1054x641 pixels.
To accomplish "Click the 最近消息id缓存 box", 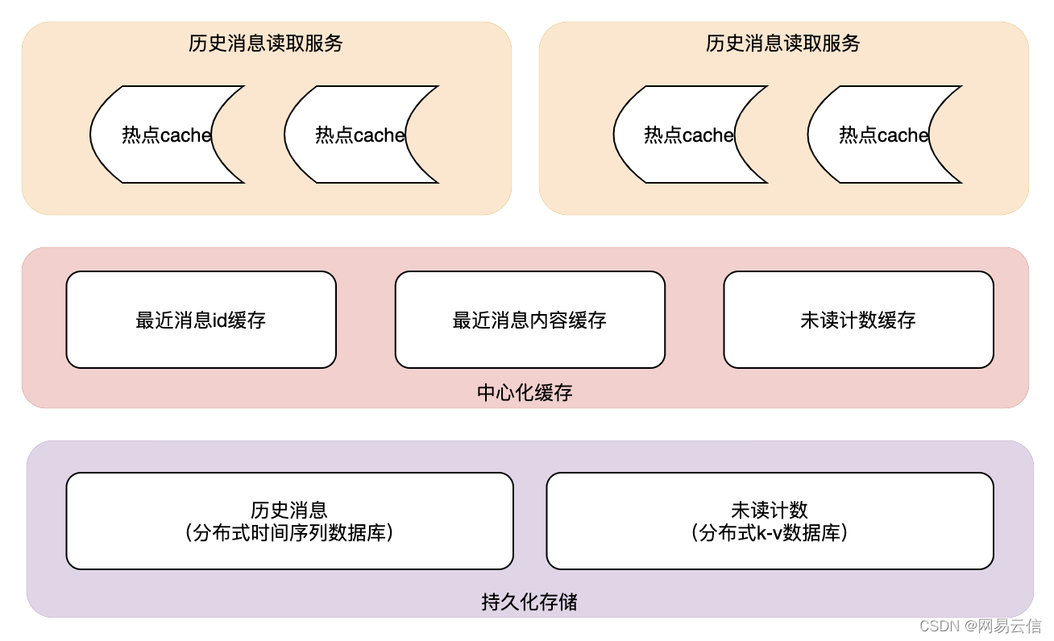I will coord(201,320).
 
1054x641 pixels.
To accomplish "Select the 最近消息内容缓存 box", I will coord(529,320).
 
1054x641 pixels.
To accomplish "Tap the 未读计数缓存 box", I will coord(858,320).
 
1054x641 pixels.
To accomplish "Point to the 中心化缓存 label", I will coord(525,393).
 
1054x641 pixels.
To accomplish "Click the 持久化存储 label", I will coord(529,602).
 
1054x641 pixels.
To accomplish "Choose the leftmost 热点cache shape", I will coord(165,134).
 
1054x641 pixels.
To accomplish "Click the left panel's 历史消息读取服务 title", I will coord(266,43).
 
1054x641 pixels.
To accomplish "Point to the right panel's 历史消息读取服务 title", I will coord(783,43).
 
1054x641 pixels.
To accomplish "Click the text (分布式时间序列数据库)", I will coord(289,532).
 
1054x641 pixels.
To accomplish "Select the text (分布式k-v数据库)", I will coord(770,532).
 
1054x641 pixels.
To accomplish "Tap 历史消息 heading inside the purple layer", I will coord(289,510).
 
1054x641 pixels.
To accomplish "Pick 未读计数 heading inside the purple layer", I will coord(770,510).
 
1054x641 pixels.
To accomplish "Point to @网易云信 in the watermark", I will coord(1004,626).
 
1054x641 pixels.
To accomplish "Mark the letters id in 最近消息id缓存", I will coord(220,320).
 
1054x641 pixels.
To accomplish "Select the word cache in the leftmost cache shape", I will coord(186,135).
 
